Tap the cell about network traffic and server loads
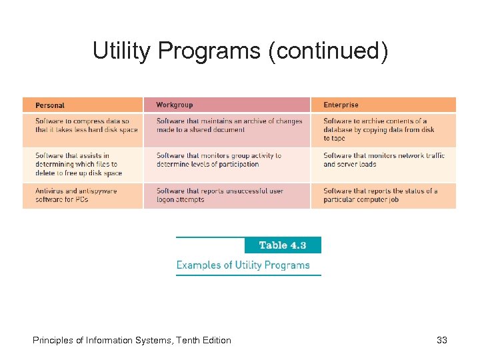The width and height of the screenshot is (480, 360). click(383, 160)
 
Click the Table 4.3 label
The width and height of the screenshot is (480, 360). click(283, 245)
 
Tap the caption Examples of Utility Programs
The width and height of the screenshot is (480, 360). click(243, 265)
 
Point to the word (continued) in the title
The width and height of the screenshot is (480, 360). click(327, 51)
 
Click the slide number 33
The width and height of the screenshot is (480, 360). click(441, 341)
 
